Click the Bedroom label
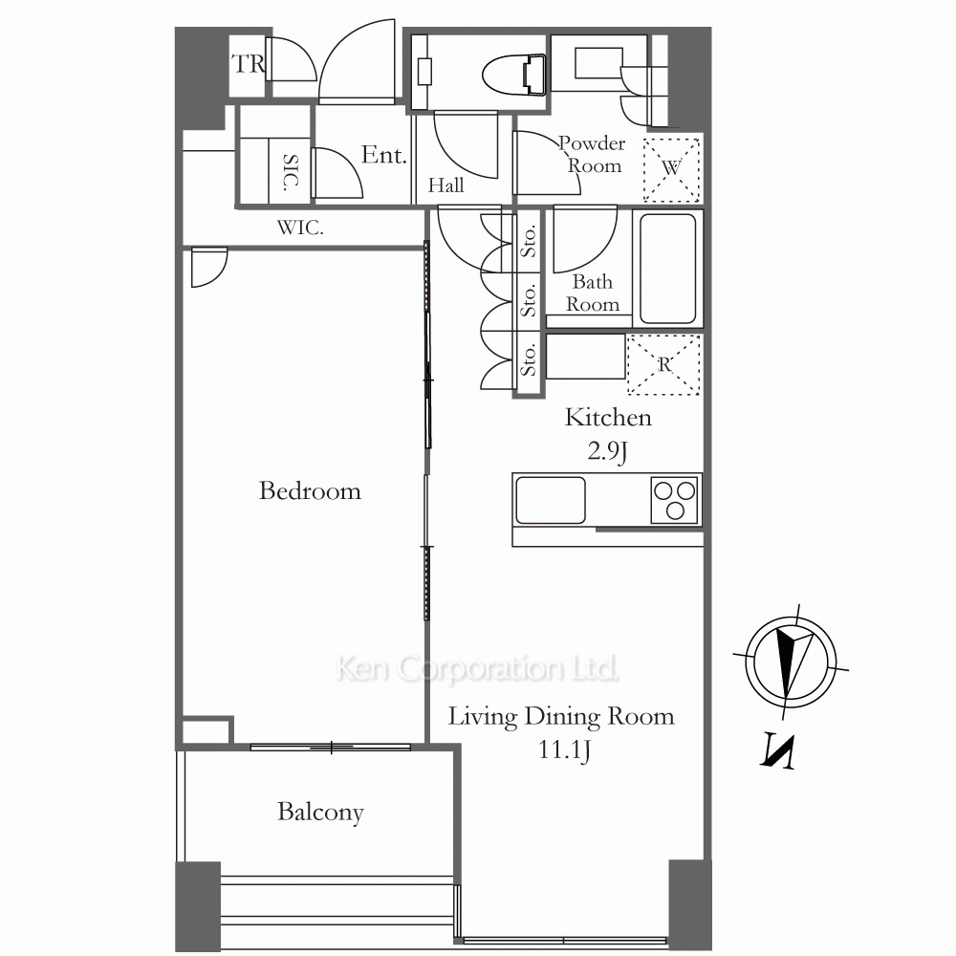pos(310,490)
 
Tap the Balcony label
pos(320,812)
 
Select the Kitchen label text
pos(608,418)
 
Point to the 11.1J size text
pos(564,750)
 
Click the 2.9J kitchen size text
pos(608,451)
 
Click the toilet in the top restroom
pos(514,75)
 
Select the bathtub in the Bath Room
pos(668,269)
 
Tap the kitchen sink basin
pos(551,500)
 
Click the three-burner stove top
pos(674,500)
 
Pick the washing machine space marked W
pos(671,170)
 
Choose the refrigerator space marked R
pos(663,364)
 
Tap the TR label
pos(249,64)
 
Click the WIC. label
pos(300,228)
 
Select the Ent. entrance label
pos(384,155)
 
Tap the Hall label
pos(445,185)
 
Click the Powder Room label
pos(593,155)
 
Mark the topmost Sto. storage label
pos(529,241)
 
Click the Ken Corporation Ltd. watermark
pos(477,669)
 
